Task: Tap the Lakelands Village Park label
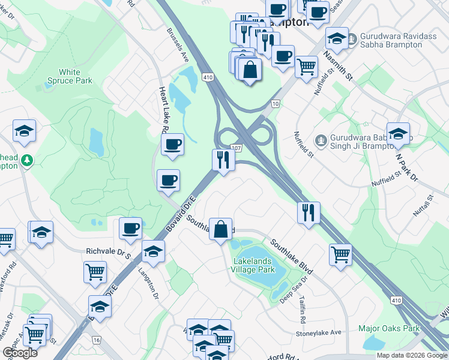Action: (x=261, y=266)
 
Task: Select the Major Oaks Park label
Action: (x=389, y=328)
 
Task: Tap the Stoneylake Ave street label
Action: (x=318, y=332)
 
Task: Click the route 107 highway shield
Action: (x=237, y=148)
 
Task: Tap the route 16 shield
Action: (x=95, y=340)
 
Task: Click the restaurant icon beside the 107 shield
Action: (x=222, y=160)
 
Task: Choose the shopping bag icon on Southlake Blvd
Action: (x=221, y=229)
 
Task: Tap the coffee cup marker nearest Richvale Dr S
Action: (x=130, y=229)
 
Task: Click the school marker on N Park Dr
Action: (x=398, y=134)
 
